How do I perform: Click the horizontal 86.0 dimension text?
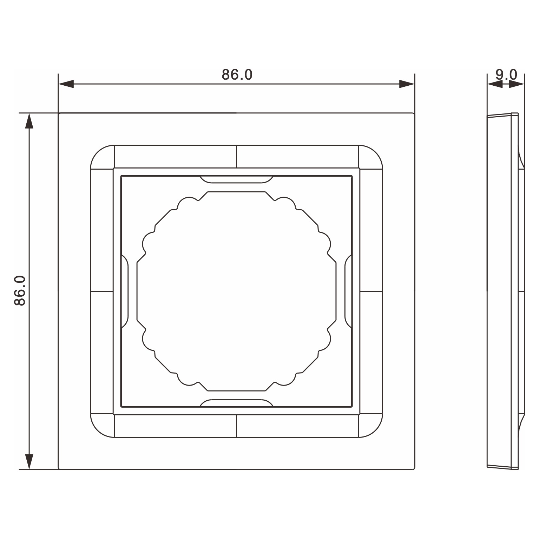click(237, 74)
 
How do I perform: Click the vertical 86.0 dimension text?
click(20, 291)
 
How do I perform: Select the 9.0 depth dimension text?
click(506, 74)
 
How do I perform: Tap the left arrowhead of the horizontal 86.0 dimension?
click(66, 84)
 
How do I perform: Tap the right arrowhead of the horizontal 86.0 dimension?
click(407, 84)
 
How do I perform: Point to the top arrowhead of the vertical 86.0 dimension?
click(29, 121)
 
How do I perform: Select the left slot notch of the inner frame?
click(125, 291)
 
